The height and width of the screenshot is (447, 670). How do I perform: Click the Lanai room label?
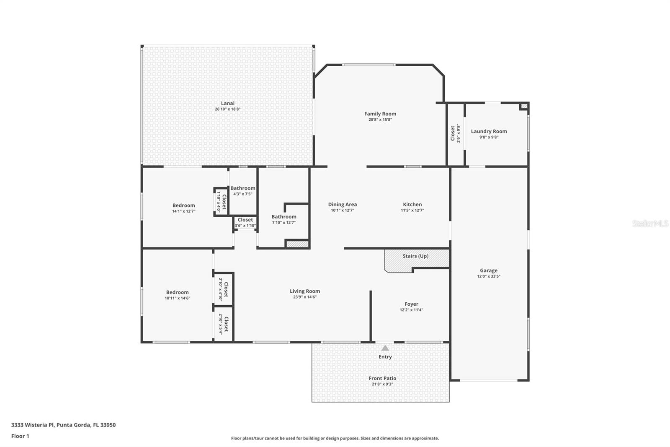coord(227,103)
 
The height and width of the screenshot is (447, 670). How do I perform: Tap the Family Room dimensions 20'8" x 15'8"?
coord(380,120)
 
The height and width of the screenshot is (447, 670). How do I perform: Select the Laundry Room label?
coord(489,131)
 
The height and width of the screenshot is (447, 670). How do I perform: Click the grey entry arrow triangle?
coord(385,348)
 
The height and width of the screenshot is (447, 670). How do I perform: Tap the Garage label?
coord(488,270)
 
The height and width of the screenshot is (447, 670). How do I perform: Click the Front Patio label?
coord(382,378)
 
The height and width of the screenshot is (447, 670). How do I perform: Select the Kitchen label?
coord(412,205)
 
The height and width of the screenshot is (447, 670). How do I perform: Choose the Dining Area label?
coord(342,205)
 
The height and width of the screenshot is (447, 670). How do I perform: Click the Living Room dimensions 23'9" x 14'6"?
coord(304,297)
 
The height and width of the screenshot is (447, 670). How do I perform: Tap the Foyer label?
coord(411,304)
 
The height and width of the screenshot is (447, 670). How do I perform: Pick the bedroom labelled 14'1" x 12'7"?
coord(183,208)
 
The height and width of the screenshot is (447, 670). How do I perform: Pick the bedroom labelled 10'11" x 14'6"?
coord(177,295)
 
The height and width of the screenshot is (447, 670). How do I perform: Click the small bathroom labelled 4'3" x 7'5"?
coord(242,191)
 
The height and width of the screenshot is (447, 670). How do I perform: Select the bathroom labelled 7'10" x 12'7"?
coord(283,219)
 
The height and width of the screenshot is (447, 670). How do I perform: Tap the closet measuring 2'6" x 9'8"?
coord(455,133)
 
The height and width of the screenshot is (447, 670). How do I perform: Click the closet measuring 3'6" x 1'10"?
coord(245,223)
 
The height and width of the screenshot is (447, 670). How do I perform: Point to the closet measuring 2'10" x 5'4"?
coord(224,325)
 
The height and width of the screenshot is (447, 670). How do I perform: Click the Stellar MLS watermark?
coord(650,223)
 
